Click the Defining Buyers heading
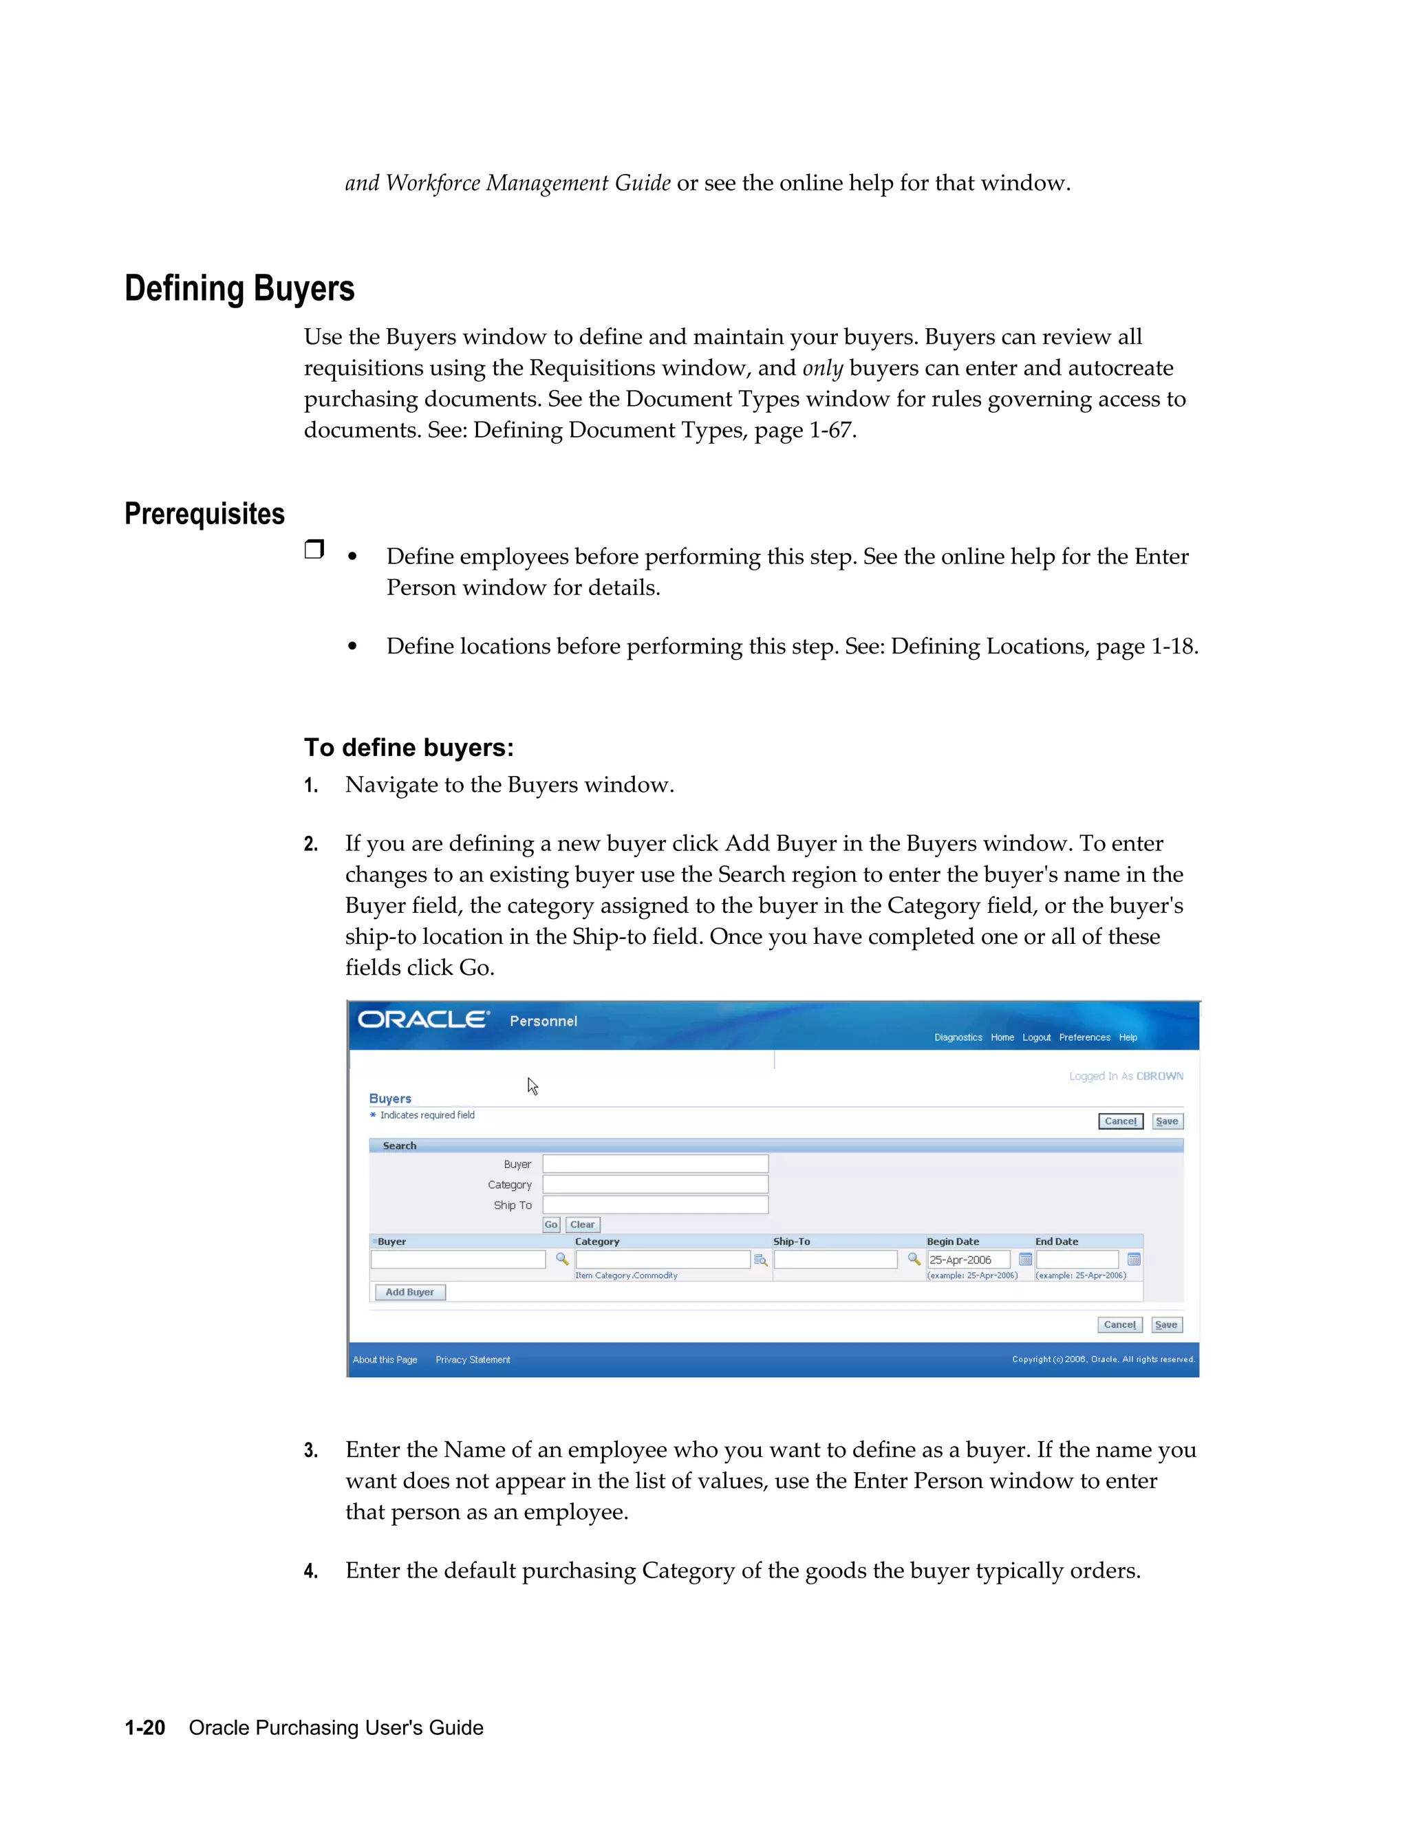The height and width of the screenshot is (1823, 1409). click(239, 289)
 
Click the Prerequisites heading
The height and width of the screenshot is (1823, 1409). click(204, 513)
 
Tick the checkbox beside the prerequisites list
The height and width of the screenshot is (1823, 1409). click(314, 549)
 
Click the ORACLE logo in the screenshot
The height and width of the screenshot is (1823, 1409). click(422, 1020)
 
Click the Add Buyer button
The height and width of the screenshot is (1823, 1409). click(410, 1292)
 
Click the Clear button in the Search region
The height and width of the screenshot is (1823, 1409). click(583, 1225)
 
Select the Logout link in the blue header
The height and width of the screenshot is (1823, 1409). click(1036, 1037)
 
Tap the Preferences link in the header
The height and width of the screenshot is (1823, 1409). click(1084, 1037)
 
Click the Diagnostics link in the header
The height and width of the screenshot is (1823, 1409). click(958, 1037)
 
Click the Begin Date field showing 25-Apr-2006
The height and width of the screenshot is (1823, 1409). click(968, 1260)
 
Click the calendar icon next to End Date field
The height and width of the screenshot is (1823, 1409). click(1134, 1260)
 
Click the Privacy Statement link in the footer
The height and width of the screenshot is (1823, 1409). click(473, 1360)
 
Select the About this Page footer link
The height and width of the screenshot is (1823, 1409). click(385, 1360)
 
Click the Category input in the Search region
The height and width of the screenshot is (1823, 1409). click(655, 1185)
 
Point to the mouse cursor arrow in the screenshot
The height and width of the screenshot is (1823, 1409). click(532, 1085)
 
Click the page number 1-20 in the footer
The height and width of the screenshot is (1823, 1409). click(144, 1728)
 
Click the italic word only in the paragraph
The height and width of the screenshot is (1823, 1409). click(822, 368)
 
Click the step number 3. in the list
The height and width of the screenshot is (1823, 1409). click(310, 1451)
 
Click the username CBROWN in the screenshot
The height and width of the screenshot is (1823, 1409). click(1159, 1076)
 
